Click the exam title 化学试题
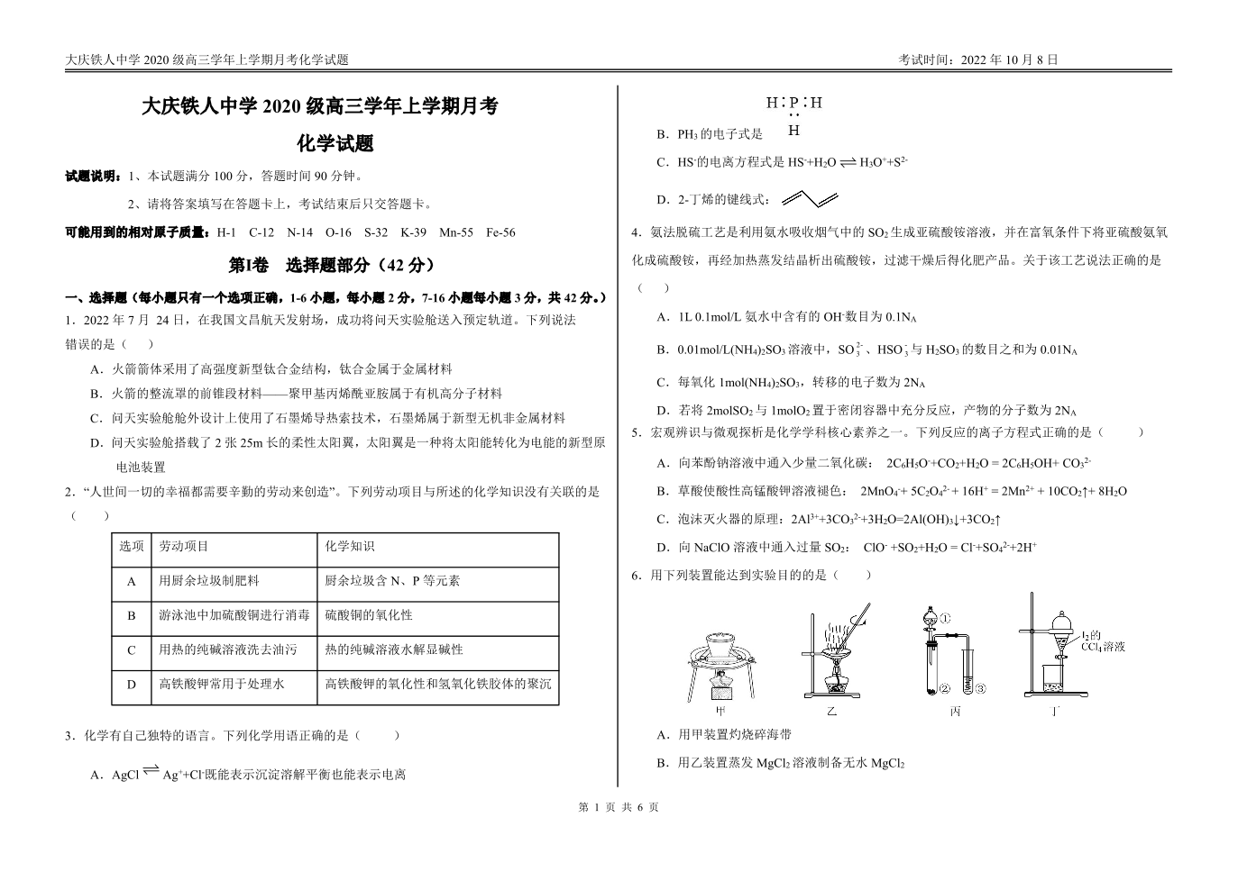click(x=335, y=143)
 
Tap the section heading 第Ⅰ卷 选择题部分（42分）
click(x=333, y=265)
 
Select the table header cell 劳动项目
click(x=184, y=547)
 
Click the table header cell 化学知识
click(x=350, y=547)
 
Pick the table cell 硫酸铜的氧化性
click(x=369, y=615)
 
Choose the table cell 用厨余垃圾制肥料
click(x=209, y=581)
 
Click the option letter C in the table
click(x=132, y=650)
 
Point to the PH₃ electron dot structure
click(x=793, y=116)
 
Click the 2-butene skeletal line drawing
click(x=811, y=198)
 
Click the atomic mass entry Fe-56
click(x=500, y=232)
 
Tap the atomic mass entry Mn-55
click(x=456, y=232)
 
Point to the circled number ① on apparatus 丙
click(x=946, y=619)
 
